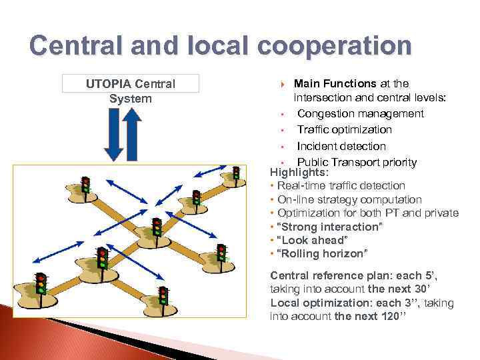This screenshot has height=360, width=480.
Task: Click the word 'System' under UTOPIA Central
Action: (x=130, y=99)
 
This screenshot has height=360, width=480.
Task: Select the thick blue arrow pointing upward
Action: (x=132, y=133)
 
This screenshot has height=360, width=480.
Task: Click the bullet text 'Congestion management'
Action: (x=360, y=113)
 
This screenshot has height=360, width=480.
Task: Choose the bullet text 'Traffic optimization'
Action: (x=344, y=129)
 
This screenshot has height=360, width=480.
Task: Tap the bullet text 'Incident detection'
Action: (x=341, y=146)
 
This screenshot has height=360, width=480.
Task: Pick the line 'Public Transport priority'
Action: (x=357, y=162)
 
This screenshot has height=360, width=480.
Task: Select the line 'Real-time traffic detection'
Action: (x=341, y=185)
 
